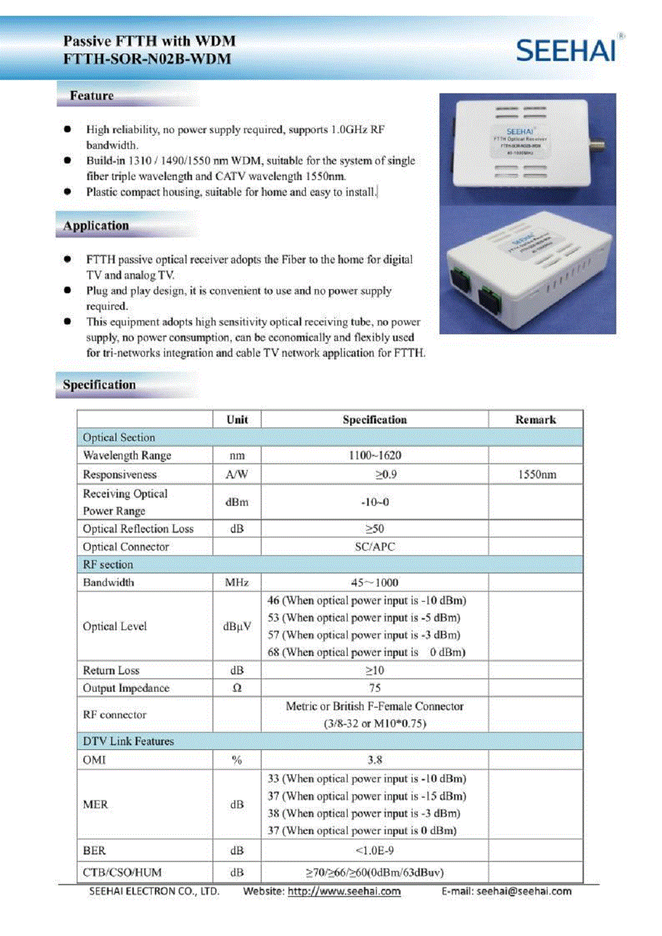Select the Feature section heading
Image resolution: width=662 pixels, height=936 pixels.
coord(91,96)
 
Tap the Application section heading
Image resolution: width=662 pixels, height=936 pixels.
coord(96,226)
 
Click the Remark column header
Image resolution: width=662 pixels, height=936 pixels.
coord(536,420)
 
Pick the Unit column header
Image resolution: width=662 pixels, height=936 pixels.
coord(237,420)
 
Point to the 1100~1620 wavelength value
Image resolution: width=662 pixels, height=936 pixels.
coord(375,455)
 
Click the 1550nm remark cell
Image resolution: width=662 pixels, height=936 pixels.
coord(536,475)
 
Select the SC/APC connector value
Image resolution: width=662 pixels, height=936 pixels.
coord(375,547)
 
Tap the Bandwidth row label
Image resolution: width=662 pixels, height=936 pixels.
coord(109,583)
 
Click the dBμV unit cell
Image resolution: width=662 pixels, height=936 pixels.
coord(237,626)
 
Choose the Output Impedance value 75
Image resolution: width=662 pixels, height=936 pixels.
coord(375,688)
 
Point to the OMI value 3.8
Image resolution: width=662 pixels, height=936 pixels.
coord(375,760)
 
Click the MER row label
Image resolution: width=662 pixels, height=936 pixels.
coord(95,804)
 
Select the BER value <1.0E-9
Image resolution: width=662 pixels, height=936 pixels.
coord(375,851)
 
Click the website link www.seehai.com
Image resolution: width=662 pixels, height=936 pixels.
coord(344,892)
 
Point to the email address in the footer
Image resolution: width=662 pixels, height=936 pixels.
coord(524,892)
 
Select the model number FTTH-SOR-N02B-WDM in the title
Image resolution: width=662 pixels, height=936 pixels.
coord(147,59)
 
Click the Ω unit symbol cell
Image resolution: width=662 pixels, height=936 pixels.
coord(237,688)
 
